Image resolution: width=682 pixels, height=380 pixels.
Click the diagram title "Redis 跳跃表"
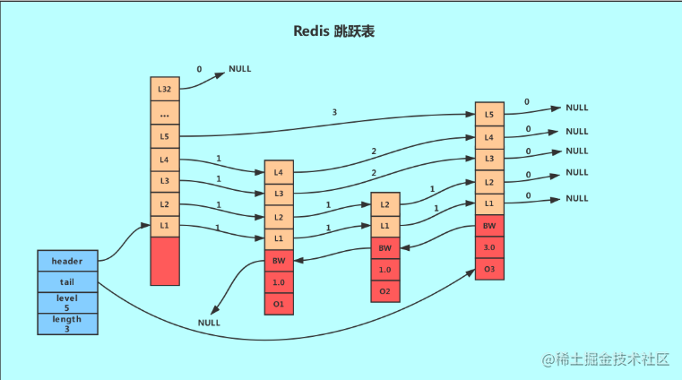point(333,31)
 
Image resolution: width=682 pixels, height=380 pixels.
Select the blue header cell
point(67,261)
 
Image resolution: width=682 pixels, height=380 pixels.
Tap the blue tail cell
point(67,282)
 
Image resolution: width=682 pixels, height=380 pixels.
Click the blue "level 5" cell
point(67,303)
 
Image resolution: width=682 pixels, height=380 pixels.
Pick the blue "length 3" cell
point(67,324)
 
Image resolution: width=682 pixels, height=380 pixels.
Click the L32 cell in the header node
point(165,89)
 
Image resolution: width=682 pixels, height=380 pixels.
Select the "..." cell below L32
point(165,113)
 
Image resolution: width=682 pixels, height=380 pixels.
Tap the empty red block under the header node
point(165,262)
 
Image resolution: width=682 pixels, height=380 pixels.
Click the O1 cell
point(279,304)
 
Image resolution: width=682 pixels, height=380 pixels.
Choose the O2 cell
point(385,291)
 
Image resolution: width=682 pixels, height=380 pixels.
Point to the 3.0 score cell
point(489,247)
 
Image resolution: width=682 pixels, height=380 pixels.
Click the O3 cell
point(489,269)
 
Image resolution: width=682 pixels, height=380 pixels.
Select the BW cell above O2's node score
point(385,248)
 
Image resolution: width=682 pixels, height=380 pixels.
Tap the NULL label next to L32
point(239,69)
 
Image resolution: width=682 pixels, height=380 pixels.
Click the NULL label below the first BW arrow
point(209,323)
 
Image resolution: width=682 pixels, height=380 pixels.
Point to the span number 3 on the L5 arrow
point(334,112)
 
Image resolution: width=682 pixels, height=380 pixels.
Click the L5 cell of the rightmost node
point(489,115)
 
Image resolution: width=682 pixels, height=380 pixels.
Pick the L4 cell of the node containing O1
point(279,173)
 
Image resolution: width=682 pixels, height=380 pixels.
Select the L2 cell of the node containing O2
point(385,204)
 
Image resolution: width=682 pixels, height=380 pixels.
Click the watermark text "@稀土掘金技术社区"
point(606,359)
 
